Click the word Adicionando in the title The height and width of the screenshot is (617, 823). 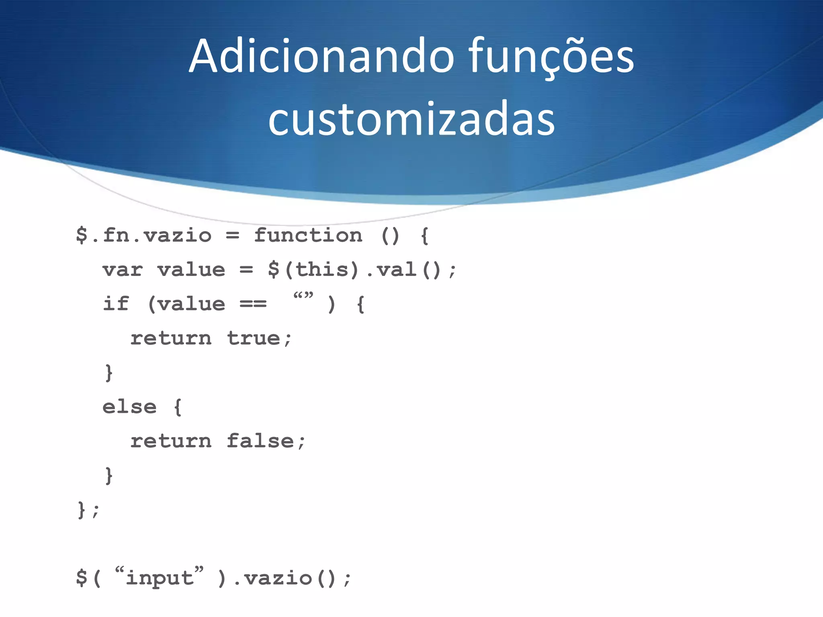[321, 56]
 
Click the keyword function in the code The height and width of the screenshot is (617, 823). [308, 235]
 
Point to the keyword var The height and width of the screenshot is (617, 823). [123, 270]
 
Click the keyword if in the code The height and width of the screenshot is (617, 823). [116, 304]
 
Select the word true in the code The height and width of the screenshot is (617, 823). [254, 338]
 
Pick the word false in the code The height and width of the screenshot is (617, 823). [260, 441]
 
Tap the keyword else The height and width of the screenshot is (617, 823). [129, 407]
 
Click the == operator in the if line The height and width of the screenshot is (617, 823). [253, 304]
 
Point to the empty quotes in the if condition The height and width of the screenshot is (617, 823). [303, 297]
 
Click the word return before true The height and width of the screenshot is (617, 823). [171, 338]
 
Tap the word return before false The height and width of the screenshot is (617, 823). [171, 441]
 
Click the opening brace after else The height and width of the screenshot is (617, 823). [178, 407]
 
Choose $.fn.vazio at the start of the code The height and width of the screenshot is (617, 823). [143, 235]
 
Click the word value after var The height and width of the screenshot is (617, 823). [191, 270]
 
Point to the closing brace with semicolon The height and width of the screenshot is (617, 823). [88, 510]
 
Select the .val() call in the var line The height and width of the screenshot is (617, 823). [404, 270]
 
